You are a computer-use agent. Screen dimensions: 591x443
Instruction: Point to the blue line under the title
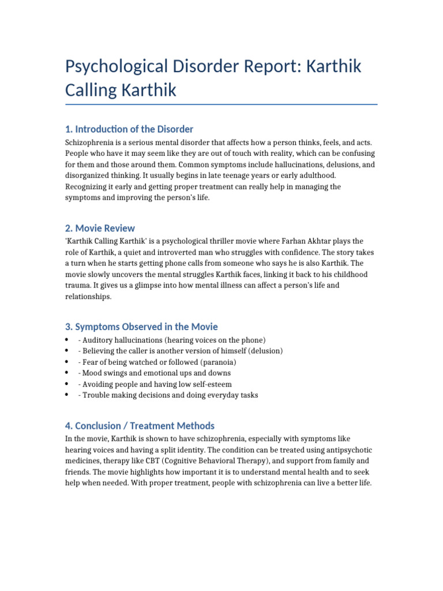221,104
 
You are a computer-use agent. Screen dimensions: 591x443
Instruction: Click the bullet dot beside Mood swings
67,372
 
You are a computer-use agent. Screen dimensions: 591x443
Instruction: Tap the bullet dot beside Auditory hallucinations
67,339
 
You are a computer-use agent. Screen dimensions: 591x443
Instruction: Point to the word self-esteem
210,384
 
